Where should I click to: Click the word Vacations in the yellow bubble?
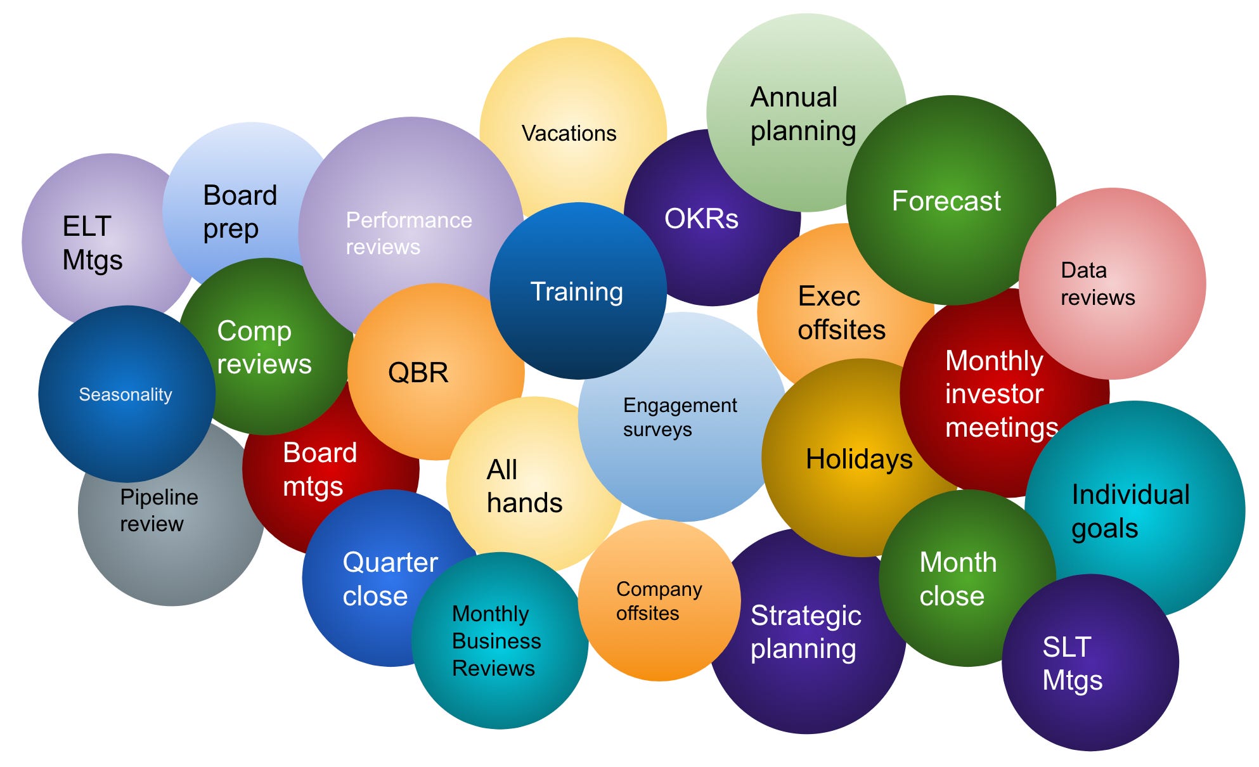point(569,134)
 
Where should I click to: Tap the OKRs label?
point(701,219)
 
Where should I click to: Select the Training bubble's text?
point(576,292)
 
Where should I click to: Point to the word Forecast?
point(946,201)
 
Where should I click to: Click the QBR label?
point(418,373)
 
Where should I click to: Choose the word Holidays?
point(858,459)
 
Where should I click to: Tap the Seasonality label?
point(126,395)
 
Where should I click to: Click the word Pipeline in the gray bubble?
point(159,497)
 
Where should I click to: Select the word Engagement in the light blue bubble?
point(680,405)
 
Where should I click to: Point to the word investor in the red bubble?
point(993,394)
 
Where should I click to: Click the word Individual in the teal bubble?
point(1130,494)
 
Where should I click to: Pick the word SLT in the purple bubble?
point(1066,647)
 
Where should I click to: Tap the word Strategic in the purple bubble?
point(805,616)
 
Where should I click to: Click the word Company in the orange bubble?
point(659,590)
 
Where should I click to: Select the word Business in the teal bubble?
point(496,641)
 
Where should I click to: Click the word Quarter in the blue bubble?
point(390,562)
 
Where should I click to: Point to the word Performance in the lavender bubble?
point(408,220)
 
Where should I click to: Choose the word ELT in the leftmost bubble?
point(87,226)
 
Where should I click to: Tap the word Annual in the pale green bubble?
point(794,98)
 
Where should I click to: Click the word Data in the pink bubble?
point(1083,270)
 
